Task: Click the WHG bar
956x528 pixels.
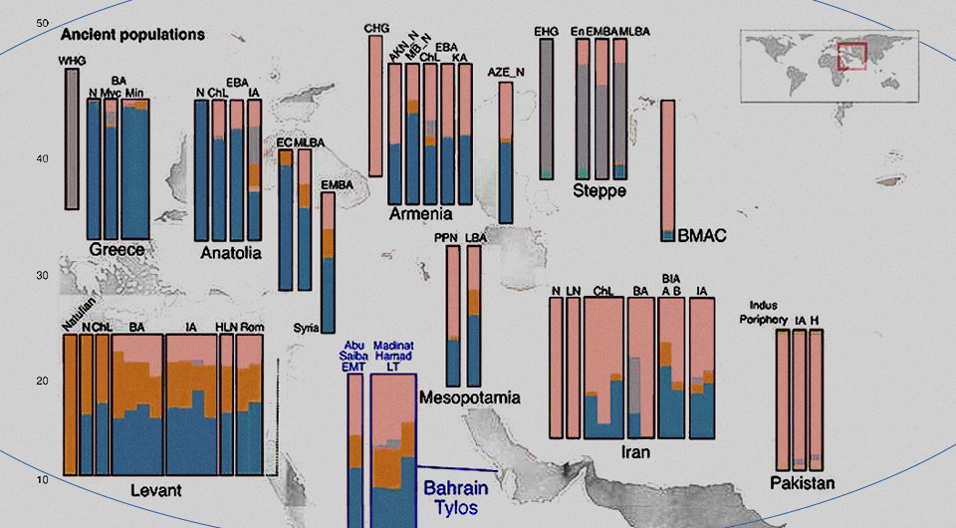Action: [71, 138]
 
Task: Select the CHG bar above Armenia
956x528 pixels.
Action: [375, 104]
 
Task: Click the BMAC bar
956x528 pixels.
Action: [668, 169]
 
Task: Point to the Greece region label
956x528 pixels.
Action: [117, 250]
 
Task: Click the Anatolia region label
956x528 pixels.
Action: [231, 253]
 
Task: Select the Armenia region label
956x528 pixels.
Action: [420, 214]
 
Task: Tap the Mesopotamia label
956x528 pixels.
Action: [470, 398]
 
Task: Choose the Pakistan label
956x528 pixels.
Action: [802, 483]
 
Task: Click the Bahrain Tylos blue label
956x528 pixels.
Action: [457, 498]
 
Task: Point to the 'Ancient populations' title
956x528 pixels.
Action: [132, 34]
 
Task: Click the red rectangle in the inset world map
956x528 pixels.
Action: [852, 56]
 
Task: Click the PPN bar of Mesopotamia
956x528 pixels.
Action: [453, 316]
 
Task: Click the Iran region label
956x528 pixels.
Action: [635, 452]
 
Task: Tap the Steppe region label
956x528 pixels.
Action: [598, 189]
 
